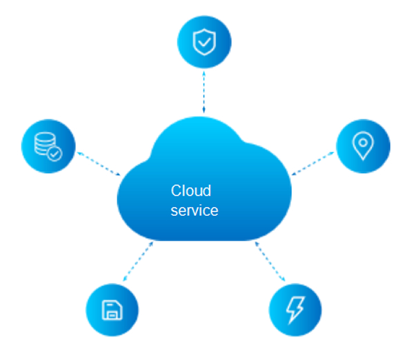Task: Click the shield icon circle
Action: (203, 42)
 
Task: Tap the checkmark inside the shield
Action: (203, 43)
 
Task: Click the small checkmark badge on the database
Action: (55, 153)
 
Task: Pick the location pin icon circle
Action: (362, 146)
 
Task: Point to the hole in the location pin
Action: (362, 143)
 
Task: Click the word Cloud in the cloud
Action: (191, 191)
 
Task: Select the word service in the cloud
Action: (195, 210)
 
